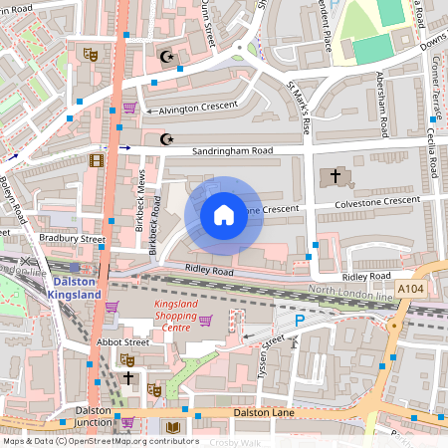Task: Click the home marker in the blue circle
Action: click(x=224, y=214)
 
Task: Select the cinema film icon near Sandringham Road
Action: click(x=96, y=159)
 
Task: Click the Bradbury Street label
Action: click(x=72, y=239)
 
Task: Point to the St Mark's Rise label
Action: click(x=299, y=107)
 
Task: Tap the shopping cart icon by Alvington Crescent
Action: click(x=129, y=108)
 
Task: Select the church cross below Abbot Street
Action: click(x=128, y=378)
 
